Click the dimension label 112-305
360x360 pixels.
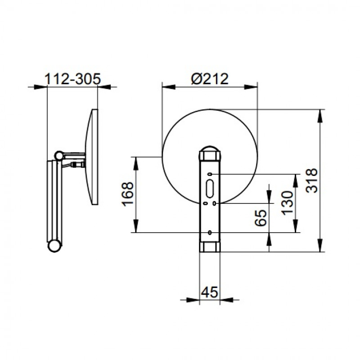click(72, 79)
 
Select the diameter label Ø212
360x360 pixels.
click(210, 79)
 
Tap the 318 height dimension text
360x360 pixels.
click(312, 181)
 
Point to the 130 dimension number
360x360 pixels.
click(288, 203)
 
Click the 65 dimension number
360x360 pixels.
click(261, 218)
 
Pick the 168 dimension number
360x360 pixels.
click(127, 194)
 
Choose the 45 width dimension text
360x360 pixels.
click(209, 292)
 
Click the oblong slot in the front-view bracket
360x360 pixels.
click(210, 189)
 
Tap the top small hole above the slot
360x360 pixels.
click(210, 174)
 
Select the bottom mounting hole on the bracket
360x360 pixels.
click(210, 232)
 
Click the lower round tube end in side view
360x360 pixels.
click(54, 246)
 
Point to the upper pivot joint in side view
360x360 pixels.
click(59, 156)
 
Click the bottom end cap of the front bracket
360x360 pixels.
click(210, 247)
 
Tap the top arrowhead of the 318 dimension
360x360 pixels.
click(320, 116)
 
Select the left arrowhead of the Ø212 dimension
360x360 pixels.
click(169, 87)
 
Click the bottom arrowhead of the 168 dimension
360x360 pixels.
click(136, 226)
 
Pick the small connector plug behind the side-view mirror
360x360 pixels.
click(78, 165)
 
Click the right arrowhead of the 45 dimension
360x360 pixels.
click(227, 300)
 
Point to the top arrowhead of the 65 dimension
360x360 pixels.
click(269, 190)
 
